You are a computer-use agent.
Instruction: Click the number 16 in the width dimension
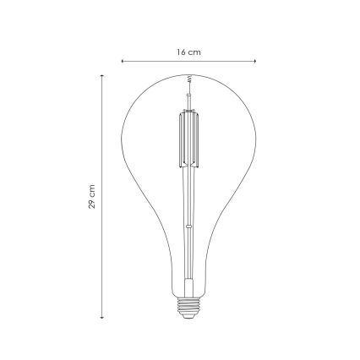pos(182,52)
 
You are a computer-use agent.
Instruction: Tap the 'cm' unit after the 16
pos(196,52)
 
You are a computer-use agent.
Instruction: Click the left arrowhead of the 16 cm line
pos(123,61)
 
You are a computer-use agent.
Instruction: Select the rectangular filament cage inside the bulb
pos(188,140)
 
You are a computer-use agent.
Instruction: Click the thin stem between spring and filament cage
pos(188,97)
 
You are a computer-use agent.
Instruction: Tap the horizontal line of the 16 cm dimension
pos(161,61)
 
